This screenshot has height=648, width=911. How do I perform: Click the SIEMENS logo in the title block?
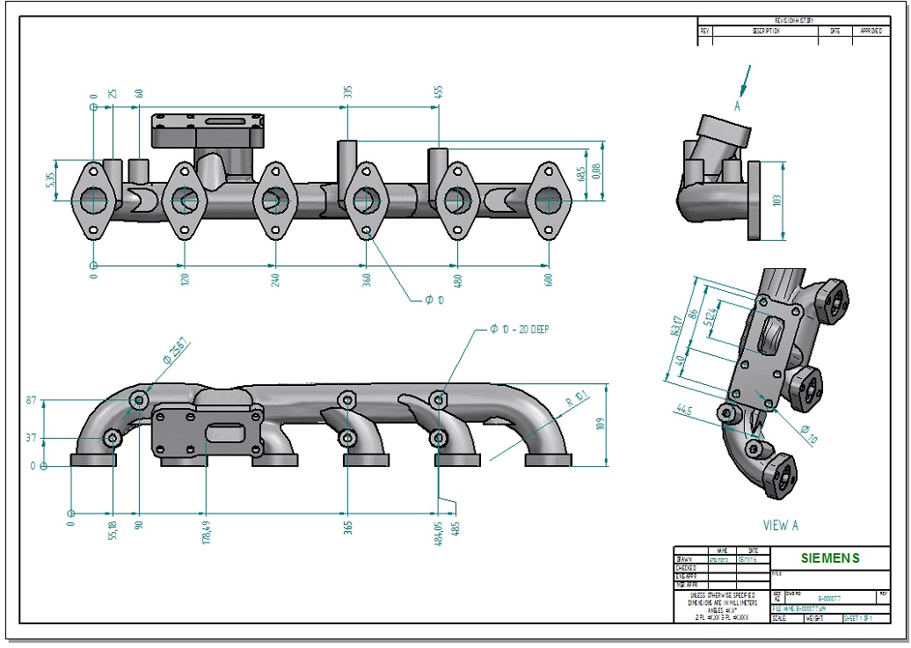click(830, 558)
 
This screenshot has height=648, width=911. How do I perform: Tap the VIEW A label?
click(780, 525)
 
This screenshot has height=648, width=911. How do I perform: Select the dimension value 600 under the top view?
click(549, 280)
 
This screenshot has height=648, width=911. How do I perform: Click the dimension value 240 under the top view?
click(275, 280)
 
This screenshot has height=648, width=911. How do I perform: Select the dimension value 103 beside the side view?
click(777, 200)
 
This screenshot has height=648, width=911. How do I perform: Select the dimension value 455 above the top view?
click(437, 91)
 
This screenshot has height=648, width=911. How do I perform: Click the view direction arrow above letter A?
click(747, 80)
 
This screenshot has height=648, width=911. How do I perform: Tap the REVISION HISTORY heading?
click(794, 20)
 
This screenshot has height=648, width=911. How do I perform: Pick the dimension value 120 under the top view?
click(184, 280)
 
